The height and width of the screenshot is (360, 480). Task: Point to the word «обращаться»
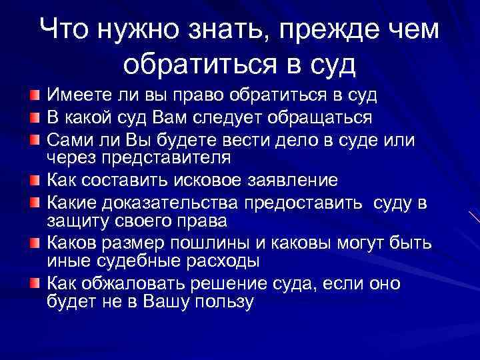pos(315,119)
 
